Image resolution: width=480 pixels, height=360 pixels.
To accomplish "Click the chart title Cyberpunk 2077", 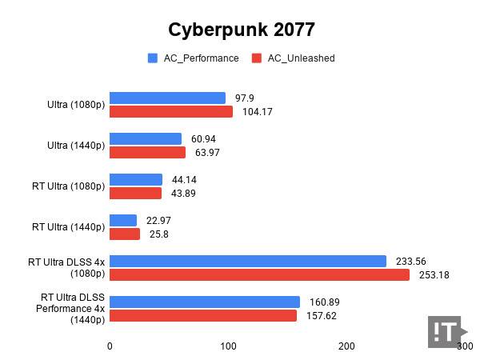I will (241, 30).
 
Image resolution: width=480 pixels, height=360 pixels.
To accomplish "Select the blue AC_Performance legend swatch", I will (152, 58).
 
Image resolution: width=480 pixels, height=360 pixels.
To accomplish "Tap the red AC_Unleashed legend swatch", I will (258, 58).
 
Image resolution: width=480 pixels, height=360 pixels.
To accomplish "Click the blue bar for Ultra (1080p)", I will (167, 98).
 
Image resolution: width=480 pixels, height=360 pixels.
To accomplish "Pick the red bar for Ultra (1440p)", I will (147, 153).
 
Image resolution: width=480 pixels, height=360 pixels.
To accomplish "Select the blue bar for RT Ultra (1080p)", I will (136, 180).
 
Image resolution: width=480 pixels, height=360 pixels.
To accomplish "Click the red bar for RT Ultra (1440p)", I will (125, 234).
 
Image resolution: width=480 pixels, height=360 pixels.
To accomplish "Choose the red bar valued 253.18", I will (259, 275).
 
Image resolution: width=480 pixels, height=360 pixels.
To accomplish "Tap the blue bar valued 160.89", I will (205, 302).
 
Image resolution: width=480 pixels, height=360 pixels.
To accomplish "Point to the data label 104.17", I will (258, 112).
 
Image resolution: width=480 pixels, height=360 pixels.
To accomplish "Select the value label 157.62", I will (323, 315).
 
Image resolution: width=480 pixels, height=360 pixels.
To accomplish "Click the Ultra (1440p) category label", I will (76, 146).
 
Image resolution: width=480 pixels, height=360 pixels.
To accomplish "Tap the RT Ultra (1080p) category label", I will (69, 186).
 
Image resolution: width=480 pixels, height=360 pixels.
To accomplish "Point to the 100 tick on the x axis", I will (228, 346).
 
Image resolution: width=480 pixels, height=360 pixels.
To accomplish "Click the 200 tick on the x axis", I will (346, 346).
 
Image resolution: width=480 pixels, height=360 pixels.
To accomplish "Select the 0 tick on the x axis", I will (110, 346).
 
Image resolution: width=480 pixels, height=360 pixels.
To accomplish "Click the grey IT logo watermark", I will (446, 332).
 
